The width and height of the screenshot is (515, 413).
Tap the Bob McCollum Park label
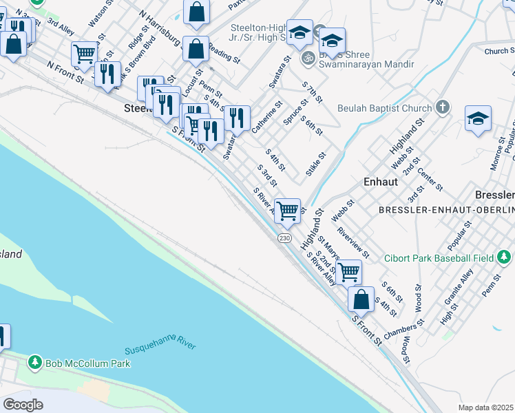pyautogui.click(x=87, y=363)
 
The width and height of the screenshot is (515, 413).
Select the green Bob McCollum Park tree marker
pyautogui.click(x=34, y=362)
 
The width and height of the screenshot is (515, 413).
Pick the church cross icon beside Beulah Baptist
pyautogui.click(x=442, y=107)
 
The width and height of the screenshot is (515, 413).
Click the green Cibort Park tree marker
pyautogui.click(x=505, y=257)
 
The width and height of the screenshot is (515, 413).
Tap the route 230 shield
pyautogui.click(x=285, y=237)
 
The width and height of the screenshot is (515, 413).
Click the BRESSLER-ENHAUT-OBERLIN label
pyautogui.click(x=446, y=209)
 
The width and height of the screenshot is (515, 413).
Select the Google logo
pyautogui.click(x=23, y=404)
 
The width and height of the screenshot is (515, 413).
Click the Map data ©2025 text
pyautogui.click(x=485, y=407)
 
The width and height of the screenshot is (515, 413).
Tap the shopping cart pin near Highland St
pyautogui.click(x=287, y=209)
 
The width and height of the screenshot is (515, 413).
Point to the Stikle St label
pyautogui.click(x=317, y=164)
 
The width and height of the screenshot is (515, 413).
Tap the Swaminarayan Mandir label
pyautogui.click(x=372, y=64)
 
